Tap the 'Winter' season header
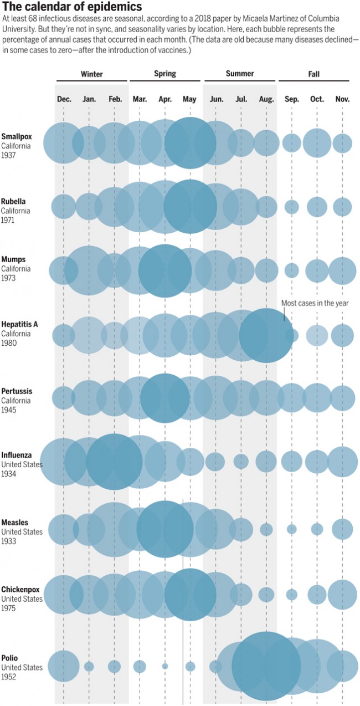click(x=91, y=74)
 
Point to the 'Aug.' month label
click(x=266, y=99)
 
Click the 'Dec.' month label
click(x=64, y=99)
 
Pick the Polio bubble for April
click(x=165, y=666)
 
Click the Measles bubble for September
click(x=292, y=529)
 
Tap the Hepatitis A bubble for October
click(x=317, y=335)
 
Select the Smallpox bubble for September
click(x=292, y=143)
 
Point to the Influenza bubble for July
click(x=241, y=461)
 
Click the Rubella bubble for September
click(x=292, y=207)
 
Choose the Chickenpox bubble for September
click(x=292, y=595)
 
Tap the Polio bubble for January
click(x=89, y=666)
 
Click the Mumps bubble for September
click(x=292, y=270)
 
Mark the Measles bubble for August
click(x=266, y=529)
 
